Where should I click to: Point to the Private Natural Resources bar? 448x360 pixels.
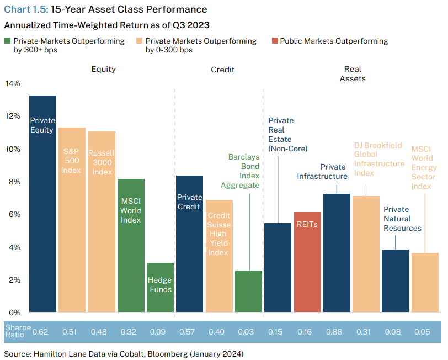coord(396,281)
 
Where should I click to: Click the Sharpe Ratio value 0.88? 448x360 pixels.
coord(336,331)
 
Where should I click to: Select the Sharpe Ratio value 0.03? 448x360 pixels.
coord(248,331)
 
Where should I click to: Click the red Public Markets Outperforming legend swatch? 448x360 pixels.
coord(275,41)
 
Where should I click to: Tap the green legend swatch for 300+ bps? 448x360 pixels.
coord(7,41)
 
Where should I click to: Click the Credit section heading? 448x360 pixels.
coord(222,70)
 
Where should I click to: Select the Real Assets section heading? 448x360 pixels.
coord(353,74)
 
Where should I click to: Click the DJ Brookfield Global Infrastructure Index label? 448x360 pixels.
coord(379,159)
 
